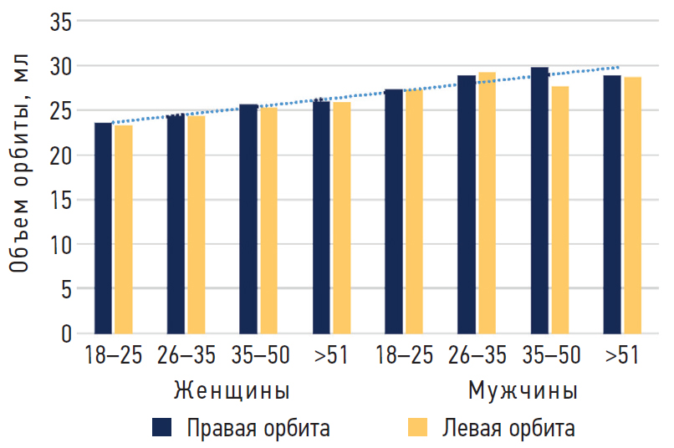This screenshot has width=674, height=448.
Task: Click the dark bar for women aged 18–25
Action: (103, 228)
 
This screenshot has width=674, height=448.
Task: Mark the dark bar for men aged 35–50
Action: (539, 201)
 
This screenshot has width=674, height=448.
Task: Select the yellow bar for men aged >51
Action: (632, 206)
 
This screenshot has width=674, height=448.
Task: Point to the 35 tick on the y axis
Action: (60, 22)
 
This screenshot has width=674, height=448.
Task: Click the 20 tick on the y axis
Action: (60, 155)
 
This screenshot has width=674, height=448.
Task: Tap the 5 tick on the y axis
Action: (66, 289)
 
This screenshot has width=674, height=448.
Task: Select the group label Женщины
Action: (232, 391)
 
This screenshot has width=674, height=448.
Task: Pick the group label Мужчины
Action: (523, 391)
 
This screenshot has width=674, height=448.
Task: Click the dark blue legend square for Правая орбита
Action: (161, 428)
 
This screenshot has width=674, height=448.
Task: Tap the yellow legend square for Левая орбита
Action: (417, 428)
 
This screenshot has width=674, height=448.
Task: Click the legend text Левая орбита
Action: (508, 429)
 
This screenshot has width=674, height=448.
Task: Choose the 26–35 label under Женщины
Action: (186, 356)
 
